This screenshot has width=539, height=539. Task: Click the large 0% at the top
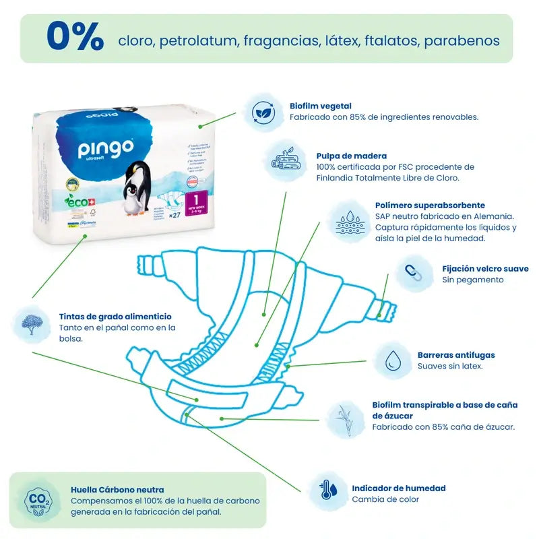point(75,37)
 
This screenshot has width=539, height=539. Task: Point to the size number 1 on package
point(195,200)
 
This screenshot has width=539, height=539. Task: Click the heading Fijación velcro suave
point(485,268)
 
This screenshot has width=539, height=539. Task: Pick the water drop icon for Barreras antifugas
point(392,360)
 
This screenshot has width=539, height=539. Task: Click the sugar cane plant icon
point(345,416)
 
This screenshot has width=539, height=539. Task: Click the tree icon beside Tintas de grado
point(31,322)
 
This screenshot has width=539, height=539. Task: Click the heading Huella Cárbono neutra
point(117,490)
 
